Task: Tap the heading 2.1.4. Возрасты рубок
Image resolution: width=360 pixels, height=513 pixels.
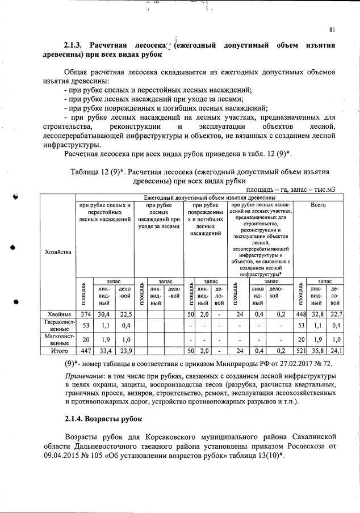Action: point(103,421)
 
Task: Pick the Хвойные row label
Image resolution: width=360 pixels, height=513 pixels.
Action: point(57,314)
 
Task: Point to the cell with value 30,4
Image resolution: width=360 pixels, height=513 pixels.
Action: point(104,314)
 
